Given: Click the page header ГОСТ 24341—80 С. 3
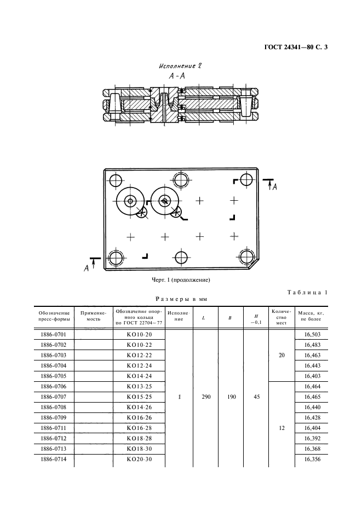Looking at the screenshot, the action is click(296, 48).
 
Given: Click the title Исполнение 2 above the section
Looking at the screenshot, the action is click(180, 66).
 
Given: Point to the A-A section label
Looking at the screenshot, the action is click(177, 76).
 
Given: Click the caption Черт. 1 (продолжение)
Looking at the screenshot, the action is click(181, 280).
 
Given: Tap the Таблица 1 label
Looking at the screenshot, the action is click(307, 292).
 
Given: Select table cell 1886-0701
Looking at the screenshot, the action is click(53, 334).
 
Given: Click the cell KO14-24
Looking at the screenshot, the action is click(139, 376).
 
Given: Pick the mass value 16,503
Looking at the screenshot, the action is click(312, 334).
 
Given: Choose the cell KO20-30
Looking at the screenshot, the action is click(139, 459).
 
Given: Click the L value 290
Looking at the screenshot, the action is click(206, 397).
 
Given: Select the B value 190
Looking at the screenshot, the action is click(232, 397).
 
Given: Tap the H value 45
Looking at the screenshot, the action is click(257, 397).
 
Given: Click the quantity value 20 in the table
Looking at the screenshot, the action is click(282, 355).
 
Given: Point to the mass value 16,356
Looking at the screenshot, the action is click(312, 459).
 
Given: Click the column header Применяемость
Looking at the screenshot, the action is click(94, 316).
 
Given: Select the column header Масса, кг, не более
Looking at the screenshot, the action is click(311, 316).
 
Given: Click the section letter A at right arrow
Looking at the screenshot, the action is click(275, 187).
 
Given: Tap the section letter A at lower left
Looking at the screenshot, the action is click(87, 269).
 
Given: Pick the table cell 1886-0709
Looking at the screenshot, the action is click(53, 417).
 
